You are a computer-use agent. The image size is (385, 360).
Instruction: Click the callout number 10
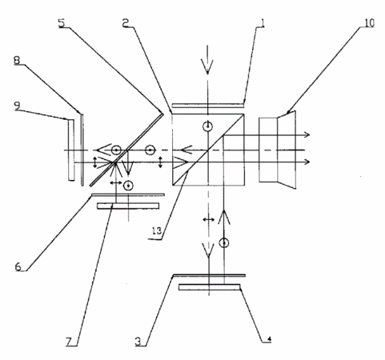coord(369,22)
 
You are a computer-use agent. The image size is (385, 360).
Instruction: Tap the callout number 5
coord(62,23)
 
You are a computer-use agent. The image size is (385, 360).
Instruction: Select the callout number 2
coord(126,23)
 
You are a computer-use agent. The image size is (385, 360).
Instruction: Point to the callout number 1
coord(263,23)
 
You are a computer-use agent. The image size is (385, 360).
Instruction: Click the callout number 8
coord(17,61)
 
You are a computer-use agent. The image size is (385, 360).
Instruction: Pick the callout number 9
coord(17,106)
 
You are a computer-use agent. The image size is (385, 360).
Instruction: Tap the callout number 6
coord(18,266)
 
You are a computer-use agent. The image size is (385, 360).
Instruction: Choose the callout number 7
coord(69,342)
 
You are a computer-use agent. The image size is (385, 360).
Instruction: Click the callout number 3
coord(138,342)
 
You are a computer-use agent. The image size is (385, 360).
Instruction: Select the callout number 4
coord(269,339)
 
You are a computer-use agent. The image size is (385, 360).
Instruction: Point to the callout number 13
coord(157,230)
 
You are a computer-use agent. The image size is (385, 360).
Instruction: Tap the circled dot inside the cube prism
coord(207,126)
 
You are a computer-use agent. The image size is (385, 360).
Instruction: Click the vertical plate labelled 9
coord(71,150)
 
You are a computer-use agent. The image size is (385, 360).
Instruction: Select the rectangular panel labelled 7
coord(128,206)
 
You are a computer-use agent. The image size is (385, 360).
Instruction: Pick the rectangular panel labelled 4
coord(209,287)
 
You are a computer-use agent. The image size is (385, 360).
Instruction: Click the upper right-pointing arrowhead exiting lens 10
coord(307,134)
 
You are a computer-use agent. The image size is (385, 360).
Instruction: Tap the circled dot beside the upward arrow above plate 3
coord(224,242)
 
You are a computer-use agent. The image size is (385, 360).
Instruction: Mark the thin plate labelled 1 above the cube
coord(208,106)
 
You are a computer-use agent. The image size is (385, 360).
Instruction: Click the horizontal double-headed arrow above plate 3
coord(208,219)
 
